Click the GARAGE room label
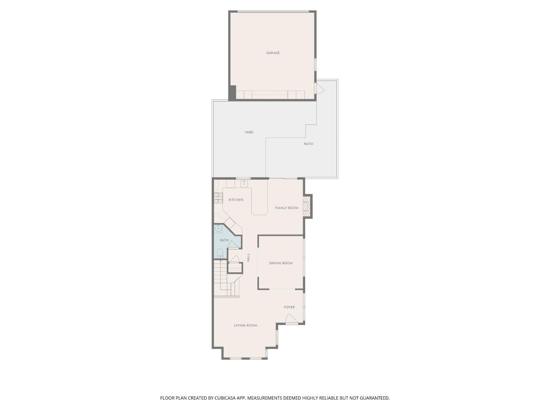pos(273,53)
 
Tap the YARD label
pos(249,132)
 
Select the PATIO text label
pos(308,144)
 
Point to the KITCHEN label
pos(236,200)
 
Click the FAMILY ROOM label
pos(286,208)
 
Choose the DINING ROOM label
pos(281,263)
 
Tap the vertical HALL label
pos(248,257)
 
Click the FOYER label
pos(289,307)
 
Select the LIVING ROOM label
pos(246,325)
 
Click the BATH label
pos(224,240)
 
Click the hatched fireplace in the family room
pos(306,206)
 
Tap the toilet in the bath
pos(220,253)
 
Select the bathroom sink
pos(218,229)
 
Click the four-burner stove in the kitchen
pos(218,197)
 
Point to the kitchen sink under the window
pos(244,184)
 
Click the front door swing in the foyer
pos(291,319)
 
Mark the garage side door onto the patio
pos(319,89)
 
